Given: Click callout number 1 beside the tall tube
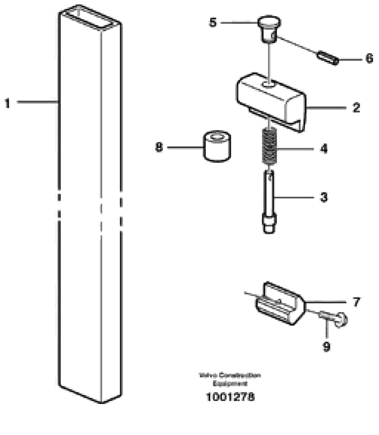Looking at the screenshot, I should [x=7, y=103].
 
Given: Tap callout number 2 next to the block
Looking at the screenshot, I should [x=356, y=108].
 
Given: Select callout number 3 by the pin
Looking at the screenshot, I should [x=324, y=197].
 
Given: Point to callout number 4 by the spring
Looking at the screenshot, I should [x=324, y=149].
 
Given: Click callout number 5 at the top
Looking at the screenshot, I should [x=213, y=22].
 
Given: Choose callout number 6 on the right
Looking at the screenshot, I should [x=369, y=58].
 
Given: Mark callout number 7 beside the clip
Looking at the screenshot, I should [x=356, y=302].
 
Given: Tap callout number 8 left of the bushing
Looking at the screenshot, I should [x=159, y=147].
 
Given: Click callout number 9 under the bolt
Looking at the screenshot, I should [x=326, y=346].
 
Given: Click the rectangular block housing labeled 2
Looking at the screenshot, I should [x=270, y=99].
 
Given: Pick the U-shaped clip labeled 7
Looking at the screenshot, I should [x=280, y=304].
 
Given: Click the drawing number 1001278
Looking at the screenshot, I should [x=230, y=396].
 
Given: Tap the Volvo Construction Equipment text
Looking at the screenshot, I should [x=230, y=379].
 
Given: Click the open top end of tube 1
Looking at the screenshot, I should [x=90, y=18].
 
